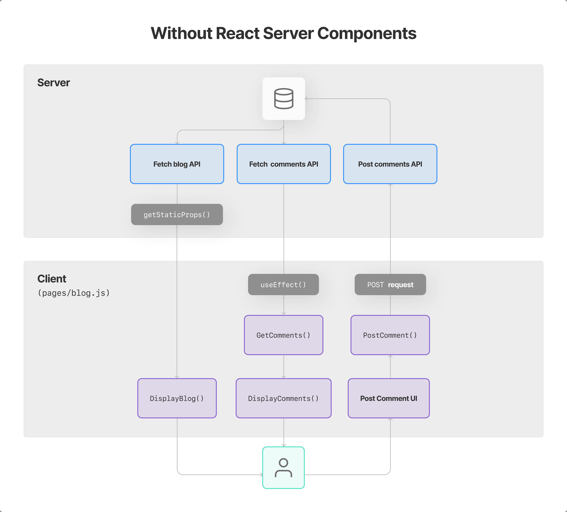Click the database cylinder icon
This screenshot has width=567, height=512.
click(283, 99)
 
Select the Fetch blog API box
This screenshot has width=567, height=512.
click(177, 164)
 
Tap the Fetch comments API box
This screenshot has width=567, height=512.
click(283, 164)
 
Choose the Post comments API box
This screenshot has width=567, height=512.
click(390, 164)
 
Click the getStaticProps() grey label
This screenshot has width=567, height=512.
click(177, 215)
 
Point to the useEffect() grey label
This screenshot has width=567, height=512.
click(283, 285)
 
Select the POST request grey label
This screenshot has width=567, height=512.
click(390, 285)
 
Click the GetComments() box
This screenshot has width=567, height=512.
click(283, 335)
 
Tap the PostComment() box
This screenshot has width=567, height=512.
click(390, 335)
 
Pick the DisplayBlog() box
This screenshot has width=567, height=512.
click(177, 398)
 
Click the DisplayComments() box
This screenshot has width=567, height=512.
click(283, 398)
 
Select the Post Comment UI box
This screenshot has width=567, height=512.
click(389, 398)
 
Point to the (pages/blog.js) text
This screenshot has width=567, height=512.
click(74, 293)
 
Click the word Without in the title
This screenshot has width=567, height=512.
click(181, 33)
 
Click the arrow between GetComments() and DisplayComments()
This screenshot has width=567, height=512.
click(283, 367)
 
